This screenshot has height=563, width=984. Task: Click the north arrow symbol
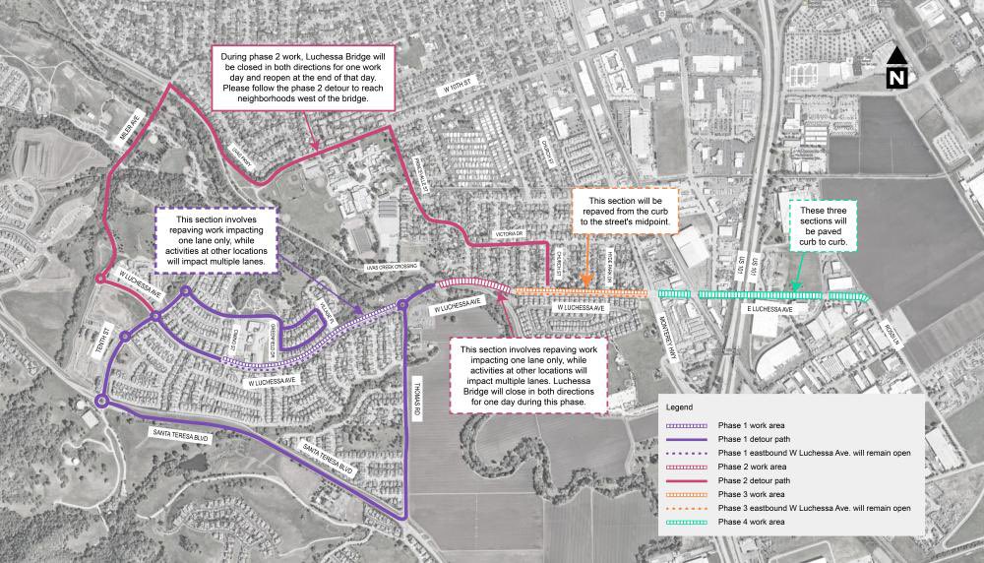coord(897,69)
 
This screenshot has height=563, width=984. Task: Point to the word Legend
coord(680,407)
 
